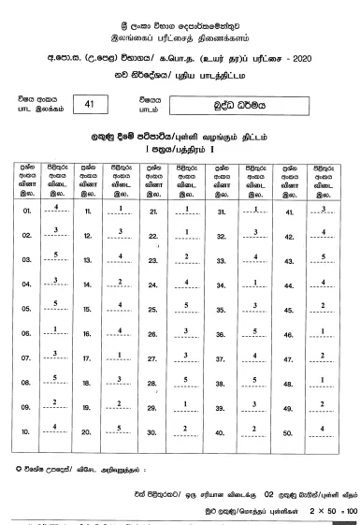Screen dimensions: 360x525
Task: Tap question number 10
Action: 26,430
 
